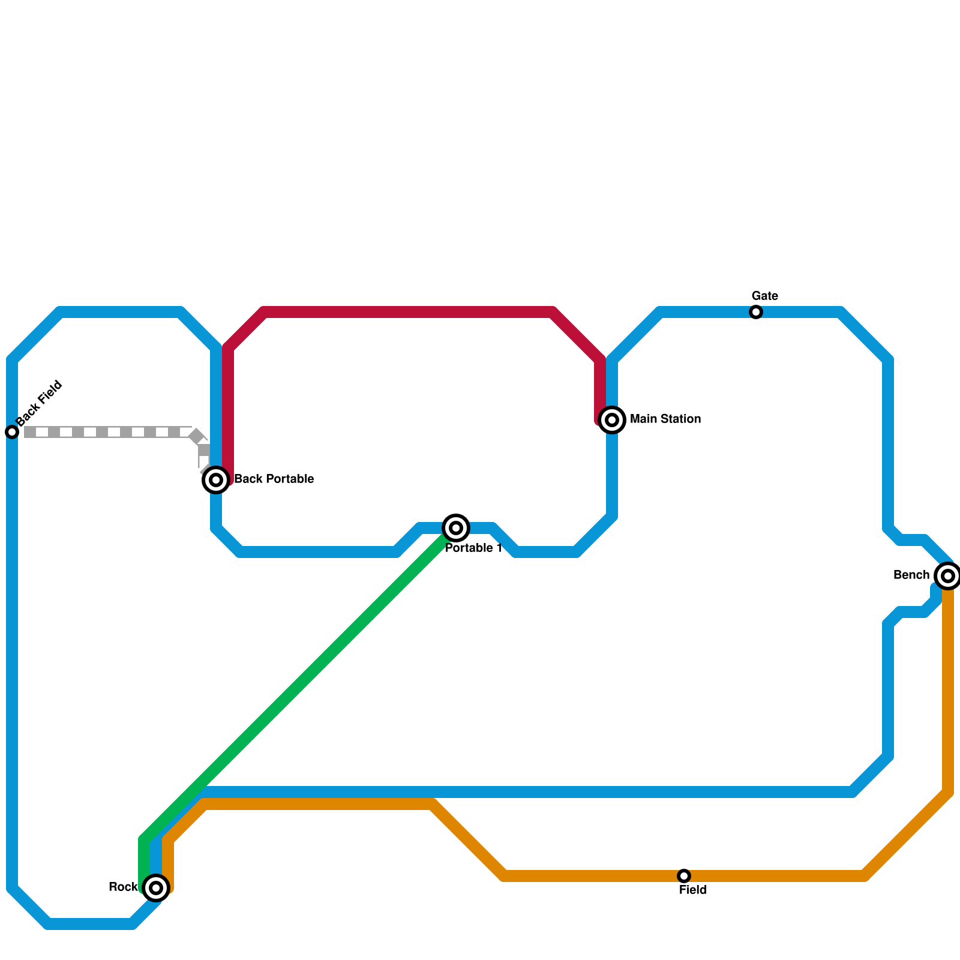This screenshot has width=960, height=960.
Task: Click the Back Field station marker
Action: (12, 432)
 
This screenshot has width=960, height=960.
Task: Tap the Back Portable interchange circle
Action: (216, 479)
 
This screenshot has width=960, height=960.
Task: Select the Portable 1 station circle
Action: (456, 528)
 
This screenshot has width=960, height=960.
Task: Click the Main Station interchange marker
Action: (612, 419)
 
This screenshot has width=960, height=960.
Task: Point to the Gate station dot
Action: (756, 312)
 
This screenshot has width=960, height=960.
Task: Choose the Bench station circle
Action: (947, 576)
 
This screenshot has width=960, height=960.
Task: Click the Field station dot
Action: (684, 875)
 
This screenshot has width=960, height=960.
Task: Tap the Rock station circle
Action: (156, 887)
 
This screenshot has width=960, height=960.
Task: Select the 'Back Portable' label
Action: (274, 479)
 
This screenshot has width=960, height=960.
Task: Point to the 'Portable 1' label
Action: (473, 548)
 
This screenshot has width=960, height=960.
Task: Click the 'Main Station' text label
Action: (665, 419)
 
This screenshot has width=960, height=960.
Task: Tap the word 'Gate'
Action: (764, 296)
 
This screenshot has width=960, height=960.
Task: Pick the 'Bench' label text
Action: (911, 575)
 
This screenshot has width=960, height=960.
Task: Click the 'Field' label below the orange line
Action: (692, 890)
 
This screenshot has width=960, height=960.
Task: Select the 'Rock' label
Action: (123, 887)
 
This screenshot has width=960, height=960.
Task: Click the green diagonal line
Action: (300, 684)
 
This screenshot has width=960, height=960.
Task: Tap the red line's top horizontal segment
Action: (408, 312)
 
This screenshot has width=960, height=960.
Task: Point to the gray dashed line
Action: (108, 432)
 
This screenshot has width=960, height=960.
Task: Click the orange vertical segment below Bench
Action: (948, 690)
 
